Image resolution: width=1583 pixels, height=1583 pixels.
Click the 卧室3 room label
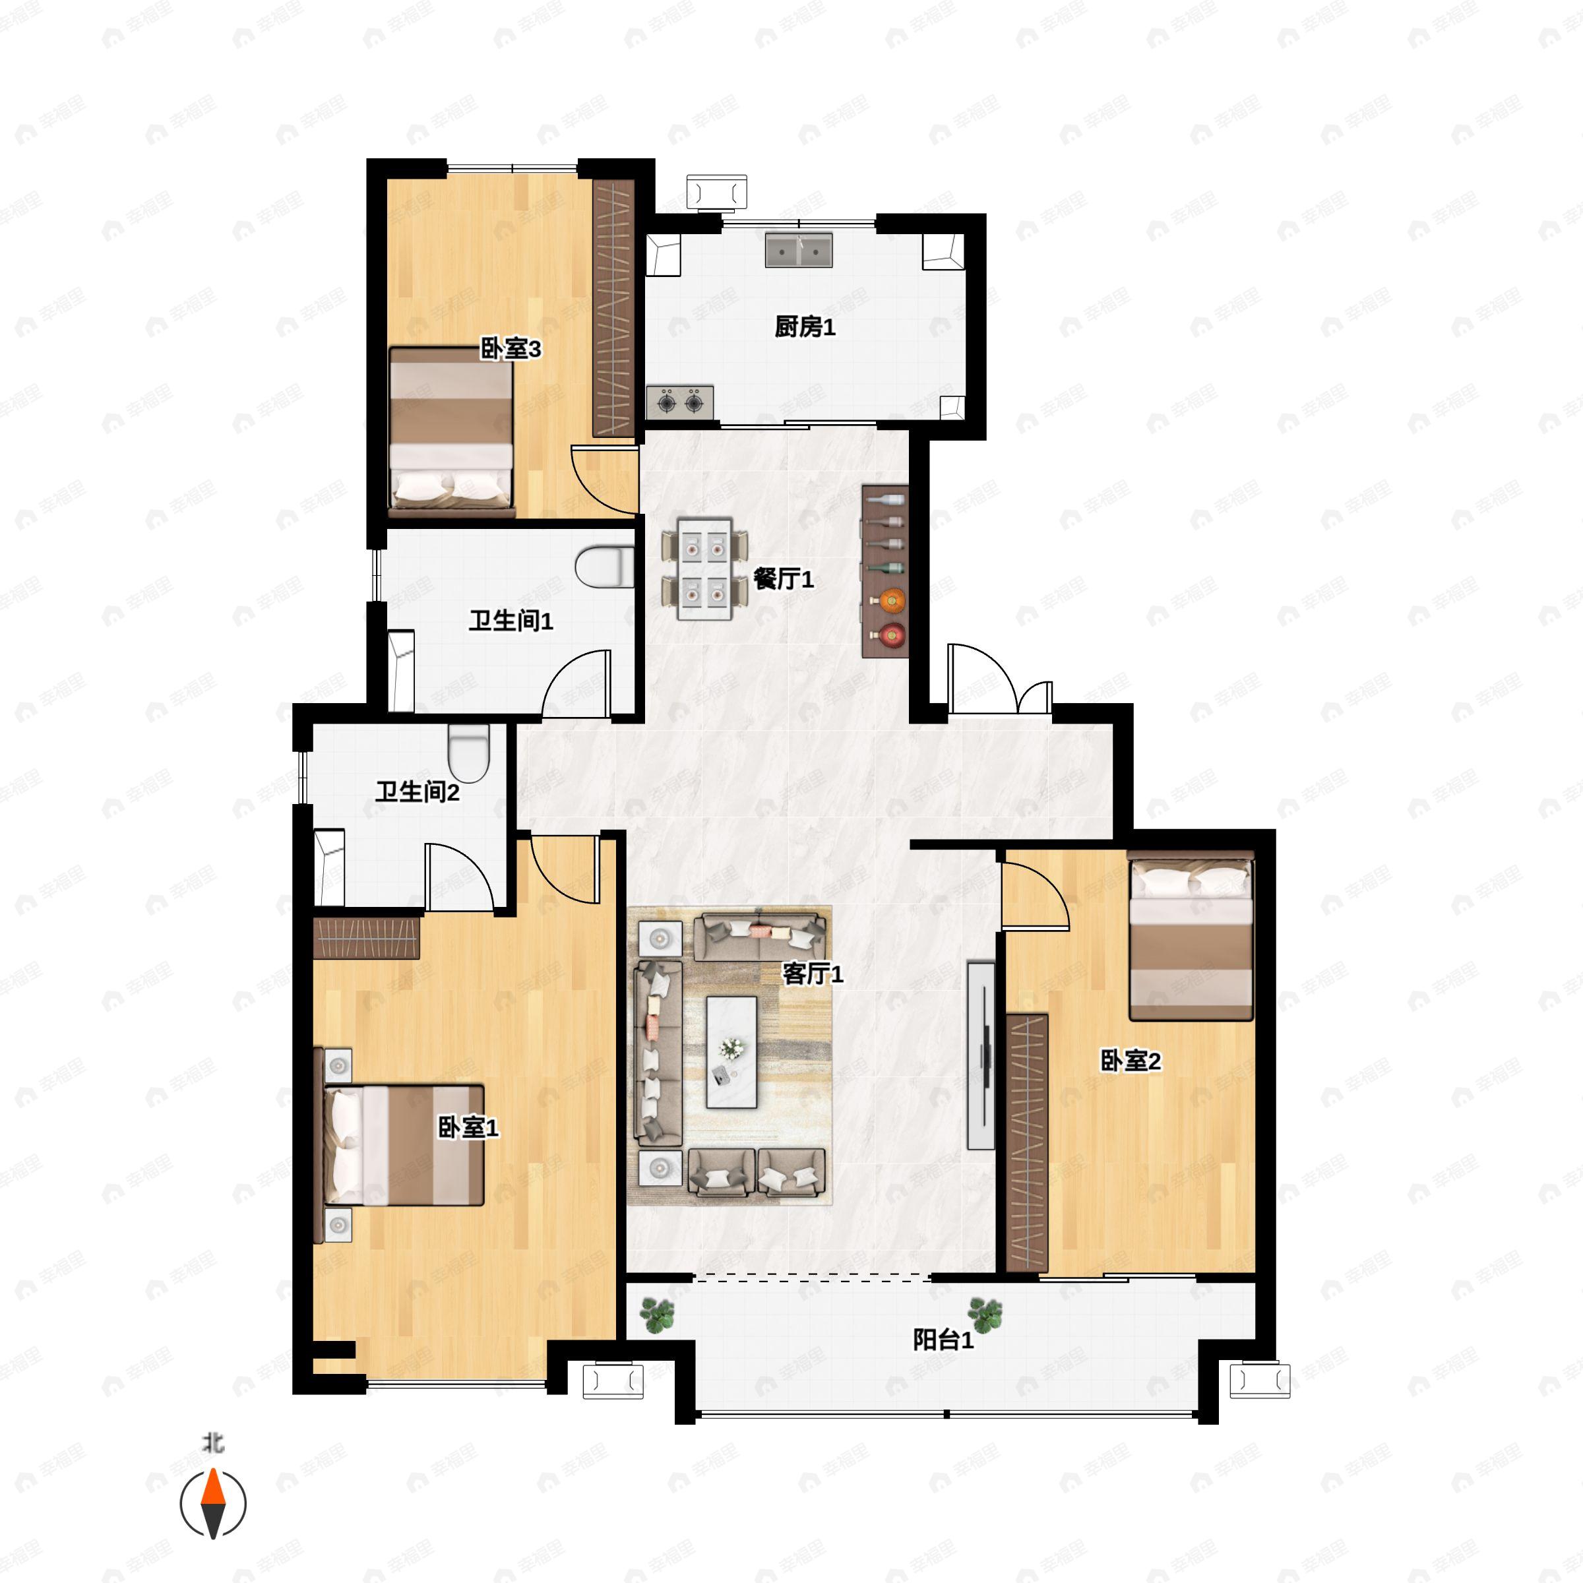tap(511, 350)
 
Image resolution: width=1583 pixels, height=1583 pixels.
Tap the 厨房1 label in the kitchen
tap(805, 327)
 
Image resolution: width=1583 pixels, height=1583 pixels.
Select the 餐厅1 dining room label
tap(784, 579)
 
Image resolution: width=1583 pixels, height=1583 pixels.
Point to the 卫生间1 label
tap(511, 621)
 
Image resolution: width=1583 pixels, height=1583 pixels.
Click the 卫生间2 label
tap(417, 791)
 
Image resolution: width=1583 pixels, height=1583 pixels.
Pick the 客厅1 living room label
tap(813, 974)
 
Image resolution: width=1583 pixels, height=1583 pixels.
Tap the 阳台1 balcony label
tap(943, 1340)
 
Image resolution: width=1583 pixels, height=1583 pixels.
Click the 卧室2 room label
tap(1130, 1061)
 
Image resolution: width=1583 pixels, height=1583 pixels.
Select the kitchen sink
tap(799, 250)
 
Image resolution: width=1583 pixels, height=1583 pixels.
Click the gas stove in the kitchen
tap(680, 402)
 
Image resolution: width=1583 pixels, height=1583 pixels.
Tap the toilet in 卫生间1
tap(605, 568)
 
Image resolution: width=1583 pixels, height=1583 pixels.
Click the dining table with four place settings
tap(704, 569)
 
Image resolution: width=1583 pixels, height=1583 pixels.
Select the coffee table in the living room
tap(731, 1052)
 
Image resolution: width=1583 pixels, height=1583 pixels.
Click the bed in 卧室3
tap(451, 432)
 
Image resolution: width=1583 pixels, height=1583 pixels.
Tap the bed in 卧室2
tap(1191, 936)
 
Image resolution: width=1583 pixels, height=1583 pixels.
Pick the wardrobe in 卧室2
tap(1027, 1143)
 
